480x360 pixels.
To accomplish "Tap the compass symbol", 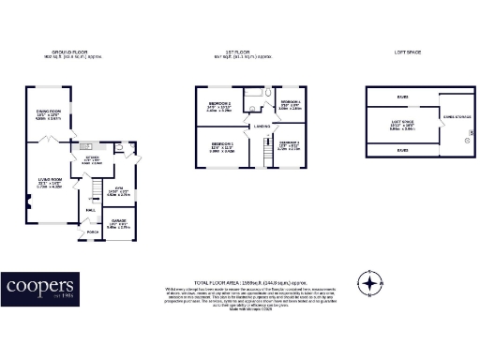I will click(371, 282).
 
